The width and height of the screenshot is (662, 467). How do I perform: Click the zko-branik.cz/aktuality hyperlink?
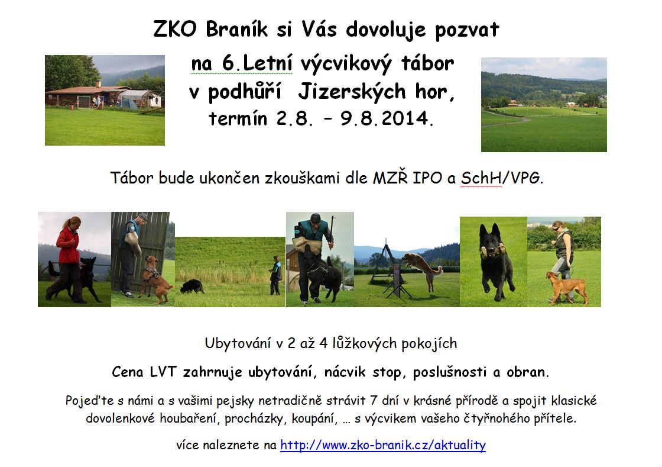[x=383, y=445]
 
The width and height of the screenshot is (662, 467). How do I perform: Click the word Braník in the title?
[x=237, y=30]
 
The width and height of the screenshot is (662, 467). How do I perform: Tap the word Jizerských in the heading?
[x=352, y=92]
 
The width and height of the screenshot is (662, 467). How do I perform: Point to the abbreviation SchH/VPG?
[x=500, y=178]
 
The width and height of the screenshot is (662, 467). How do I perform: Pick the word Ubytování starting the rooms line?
[x=238, y=343]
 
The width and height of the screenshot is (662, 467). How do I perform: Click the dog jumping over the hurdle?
[x=423, y=269]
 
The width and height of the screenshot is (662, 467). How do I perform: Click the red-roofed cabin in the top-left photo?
[x=88, y=95]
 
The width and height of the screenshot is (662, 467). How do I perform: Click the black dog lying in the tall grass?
[x=192, y=286]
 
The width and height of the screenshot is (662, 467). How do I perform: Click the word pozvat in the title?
[x=467, y=30]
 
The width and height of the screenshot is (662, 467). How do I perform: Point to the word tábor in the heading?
[x=428, y=63]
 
